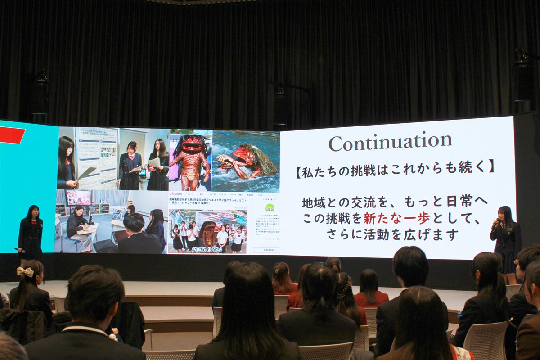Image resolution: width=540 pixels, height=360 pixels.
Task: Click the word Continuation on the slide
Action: (390, 142)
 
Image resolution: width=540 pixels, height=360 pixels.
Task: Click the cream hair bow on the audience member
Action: (26, 272)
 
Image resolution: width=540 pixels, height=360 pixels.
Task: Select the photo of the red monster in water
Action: (245, 161)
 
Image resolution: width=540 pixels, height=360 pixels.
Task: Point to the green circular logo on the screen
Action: (270, 207)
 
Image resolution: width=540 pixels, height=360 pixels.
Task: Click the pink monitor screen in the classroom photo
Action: (79, 197)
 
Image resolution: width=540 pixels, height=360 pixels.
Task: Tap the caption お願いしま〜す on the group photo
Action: (207, 249)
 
